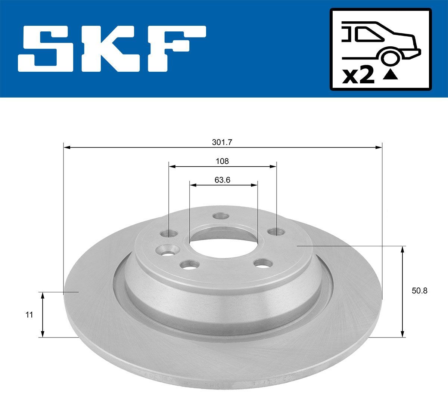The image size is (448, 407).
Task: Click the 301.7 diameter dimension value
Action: [x=222, y=142]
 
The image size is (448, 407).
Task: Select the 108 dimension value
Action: [x=222, y=161]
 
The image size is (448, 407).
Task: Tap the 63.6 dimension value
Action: [x=223, y=180]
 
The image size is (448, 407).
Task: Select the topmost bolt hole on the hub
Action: [x=220, y=216]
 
